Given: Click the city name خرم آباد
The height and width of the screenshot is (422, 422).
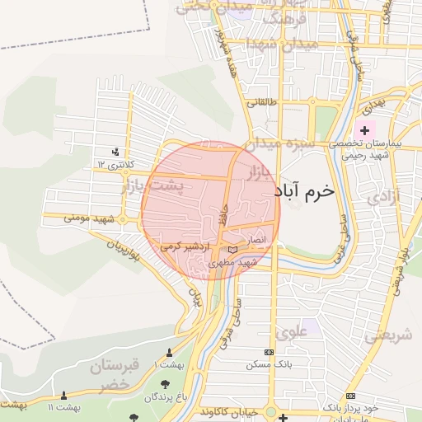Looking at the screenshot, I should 305,190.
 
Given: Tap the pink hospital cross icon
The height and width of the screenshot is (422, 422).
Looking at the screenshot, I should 364,130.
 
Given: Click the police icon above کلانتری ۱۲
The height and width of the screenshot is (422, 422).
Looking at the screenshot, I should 115,152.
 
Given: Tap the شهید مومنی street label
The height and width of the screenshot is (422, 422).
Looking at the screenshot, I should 88,218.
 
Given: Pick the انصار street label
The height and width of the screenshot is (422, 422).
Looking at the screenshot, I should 259,239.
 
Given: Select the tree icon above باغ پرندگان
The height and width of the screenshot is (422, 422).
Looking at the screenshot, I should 166,384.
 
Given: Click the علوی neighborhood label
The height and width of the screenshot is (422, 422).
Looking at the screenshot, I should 292,332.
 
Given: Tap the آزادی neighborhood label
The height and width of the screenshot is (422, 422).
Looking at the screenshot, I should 382,198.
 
